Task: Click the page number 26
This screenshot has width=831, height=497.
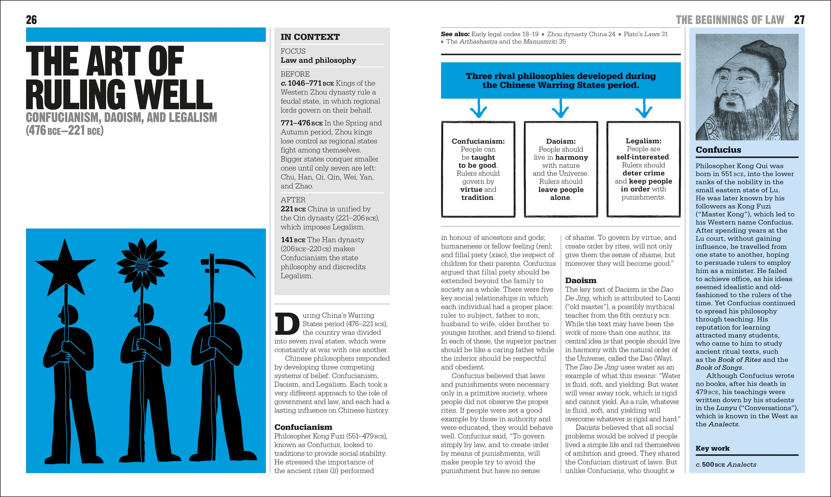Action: [31, 20]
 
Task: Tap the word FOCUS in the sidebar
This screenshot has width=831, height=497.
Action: [293, 51]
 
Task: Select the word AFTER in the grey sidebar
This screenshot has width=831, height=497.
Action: [293, 200]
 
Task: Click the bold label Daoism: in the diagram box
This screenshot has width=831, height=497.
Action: [561, 141]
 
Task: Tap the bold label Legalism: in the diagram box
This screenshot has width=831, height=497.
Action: [644, 141]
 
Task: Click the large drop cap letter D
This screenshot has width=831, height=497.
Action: [287, 324]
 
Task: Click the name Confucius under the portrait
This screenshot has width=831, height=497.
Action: [718, 150]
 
